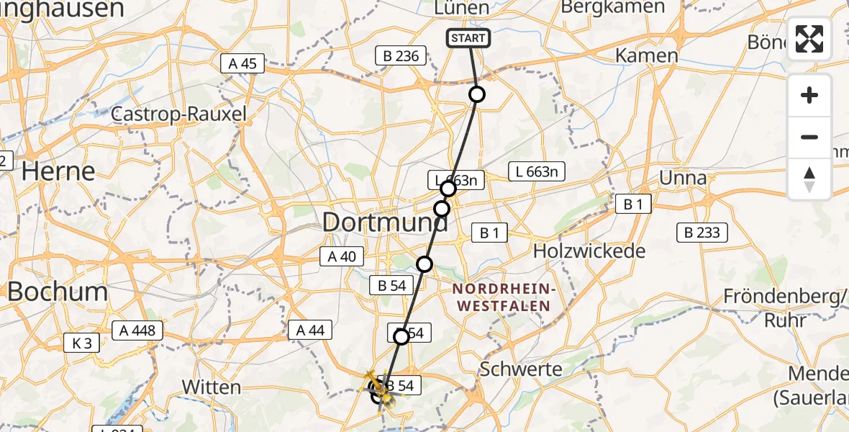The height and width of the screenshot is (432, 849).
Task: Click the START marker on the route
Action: coord(468,38)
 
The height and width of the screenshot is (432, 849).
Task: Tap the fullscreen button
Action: coord(809,39)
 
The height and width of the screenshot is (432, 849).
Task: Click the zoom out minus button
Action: coord(809,137)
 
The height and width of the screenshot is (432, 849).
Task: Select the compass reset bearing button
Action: coord(809,179)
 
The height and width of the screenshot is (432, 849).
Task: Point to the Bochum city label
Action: coord(58,292)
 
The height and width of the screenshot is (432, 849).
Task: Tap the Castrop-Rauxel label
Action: coord(179,114)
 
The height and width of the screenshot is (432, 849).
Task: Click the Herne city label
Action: coord(58,171)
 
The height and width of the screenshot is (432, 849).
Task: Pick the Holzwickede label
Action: coord(589,251)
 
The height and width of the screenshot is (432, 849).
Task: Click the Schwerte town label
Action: coord(521,369)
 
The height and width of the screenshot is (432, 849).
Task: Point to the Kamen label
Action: coord(647,55)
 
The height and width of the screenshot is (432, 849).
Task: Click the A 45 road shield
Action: coord(243,63)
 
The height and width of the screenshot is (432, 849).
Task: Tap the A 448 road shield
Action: coord(137,330)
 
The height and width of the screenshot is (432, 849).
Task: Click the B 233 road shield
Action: coord(703,233)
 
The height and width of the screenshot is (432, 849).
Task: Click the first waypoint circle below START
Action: coord(476,94)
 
